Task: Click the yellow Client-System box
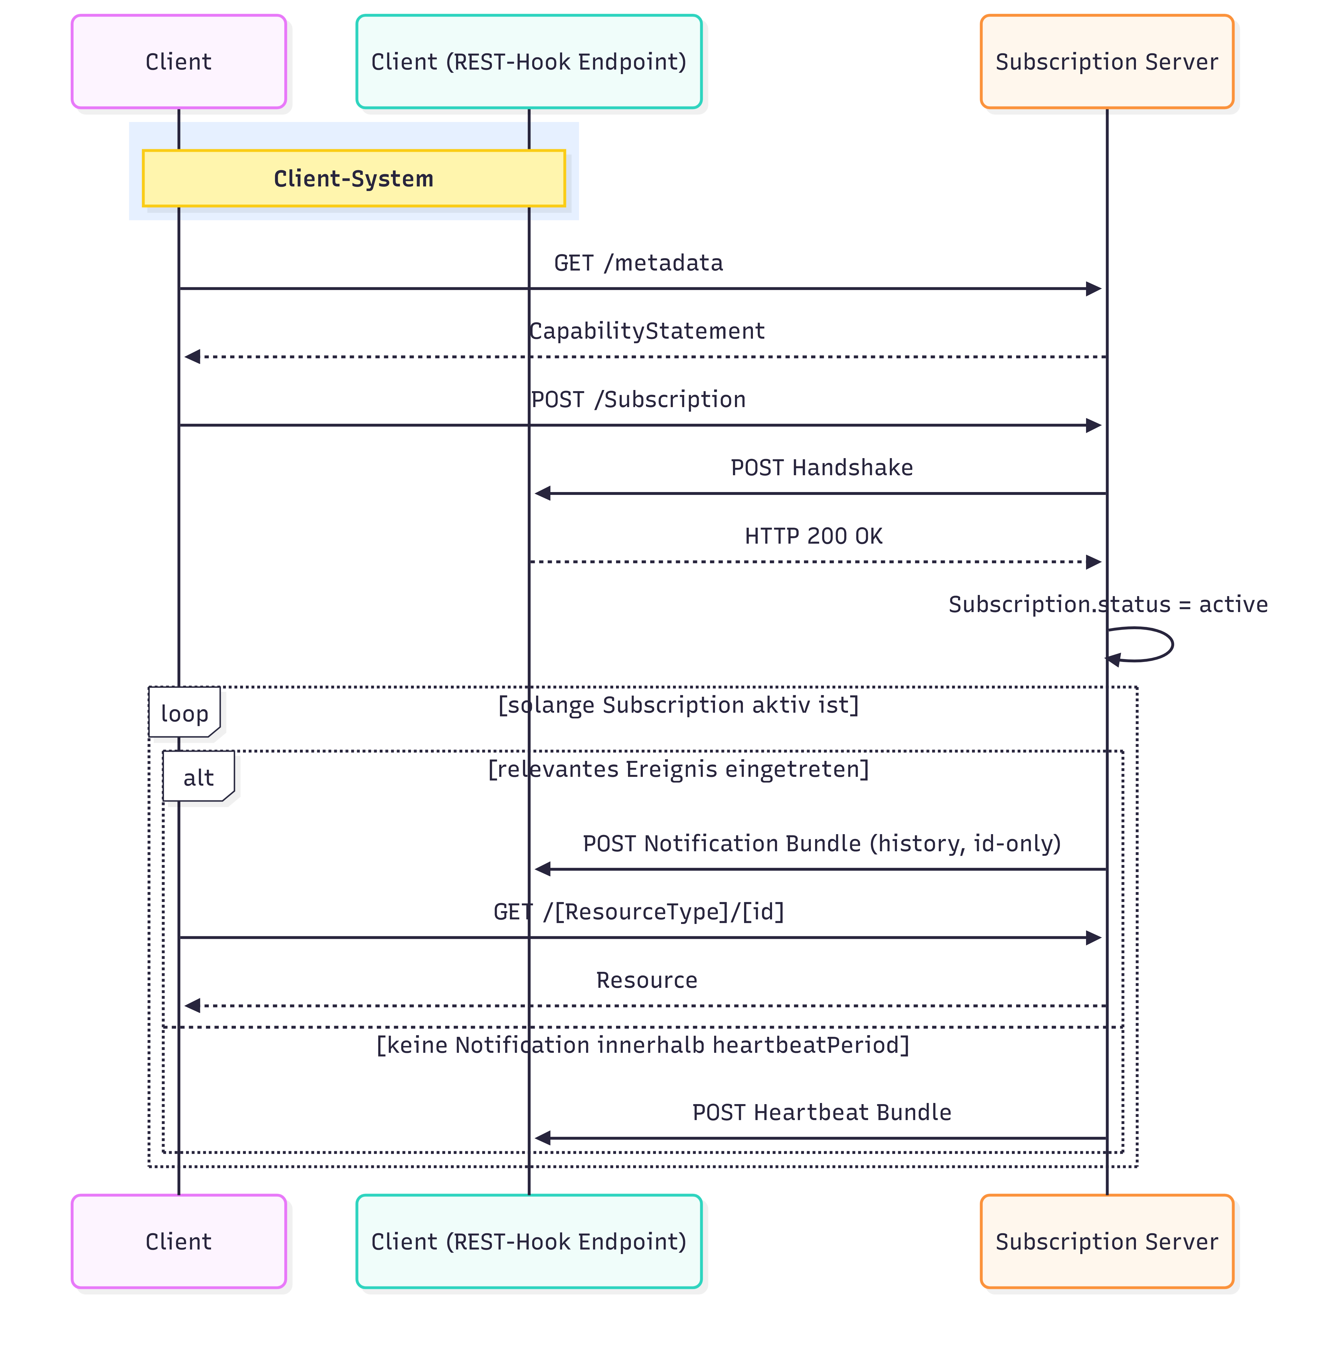click(354, 178)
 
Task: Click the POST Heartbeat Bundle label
click(821, 1112)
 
